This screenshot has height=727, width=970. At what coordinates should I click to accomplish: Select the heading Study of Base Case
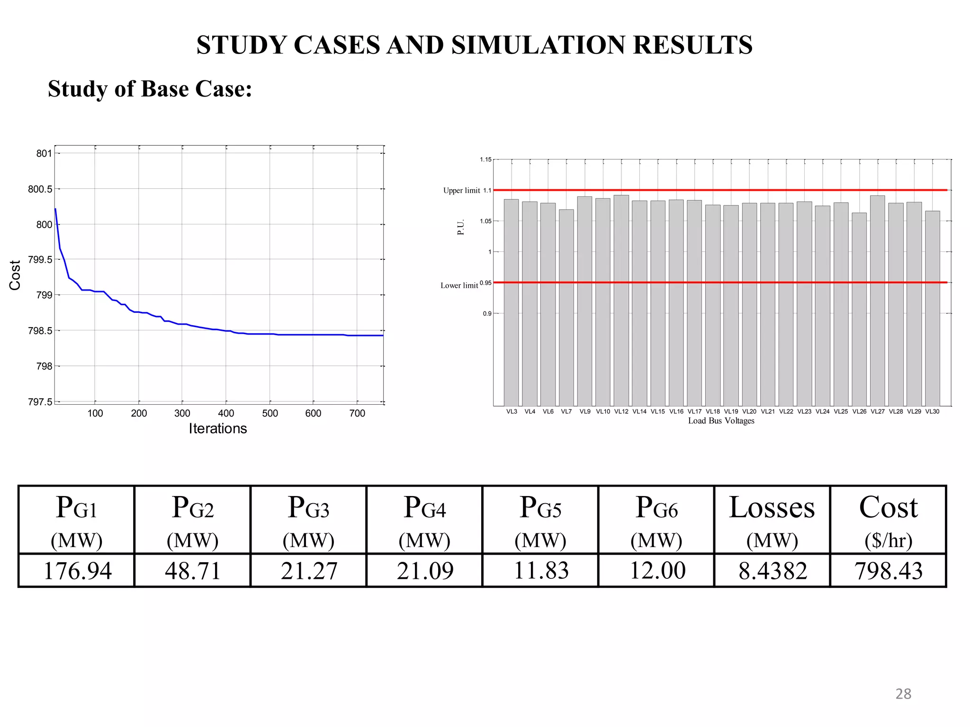(150, 89)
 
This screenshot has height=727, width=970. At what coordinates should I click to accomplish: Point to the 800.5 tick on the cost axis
(40, 189)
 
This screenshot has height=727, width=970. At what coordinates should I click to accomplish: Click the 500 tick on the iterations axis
(270, 413)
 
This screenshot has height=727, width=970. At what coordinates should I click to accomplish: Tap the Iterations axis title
(218, 429)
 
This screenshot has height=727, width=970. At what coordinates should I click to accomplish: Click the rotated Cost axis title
(15, 275)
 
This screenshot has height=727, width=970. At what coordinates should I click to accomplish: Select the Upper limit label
(461, 190)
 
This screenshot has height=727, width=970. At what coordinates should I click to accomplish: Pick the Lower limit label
(459, 285)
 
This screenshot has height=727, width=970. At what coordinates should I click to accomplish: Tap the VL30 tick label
(932, 411)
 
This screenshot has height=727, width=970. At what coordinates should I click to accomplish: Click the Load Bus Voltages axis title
(721, 421)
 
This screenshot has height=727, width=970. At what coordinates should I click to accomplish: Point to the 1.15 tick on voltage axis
(485, 160)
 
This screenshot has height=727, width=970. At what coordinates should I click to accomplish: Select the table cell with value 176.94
(77, 571)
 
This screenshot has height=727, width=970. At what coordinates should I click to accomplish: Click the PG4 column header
(424, 520)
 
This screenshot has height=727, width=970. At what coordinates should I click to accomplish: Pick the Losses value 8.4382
(772, 571)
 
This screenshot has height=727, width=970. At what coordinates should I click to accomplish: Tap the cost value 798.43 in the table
(888, 571)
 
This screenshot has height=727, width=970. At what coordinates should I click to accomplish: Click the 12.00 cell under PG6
(657, 571)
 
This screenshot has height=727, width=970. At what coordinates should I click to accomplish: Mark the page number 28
(903, 694)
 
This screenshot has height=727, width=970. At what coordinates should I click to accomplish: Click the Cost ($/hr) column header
(888, 520)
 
